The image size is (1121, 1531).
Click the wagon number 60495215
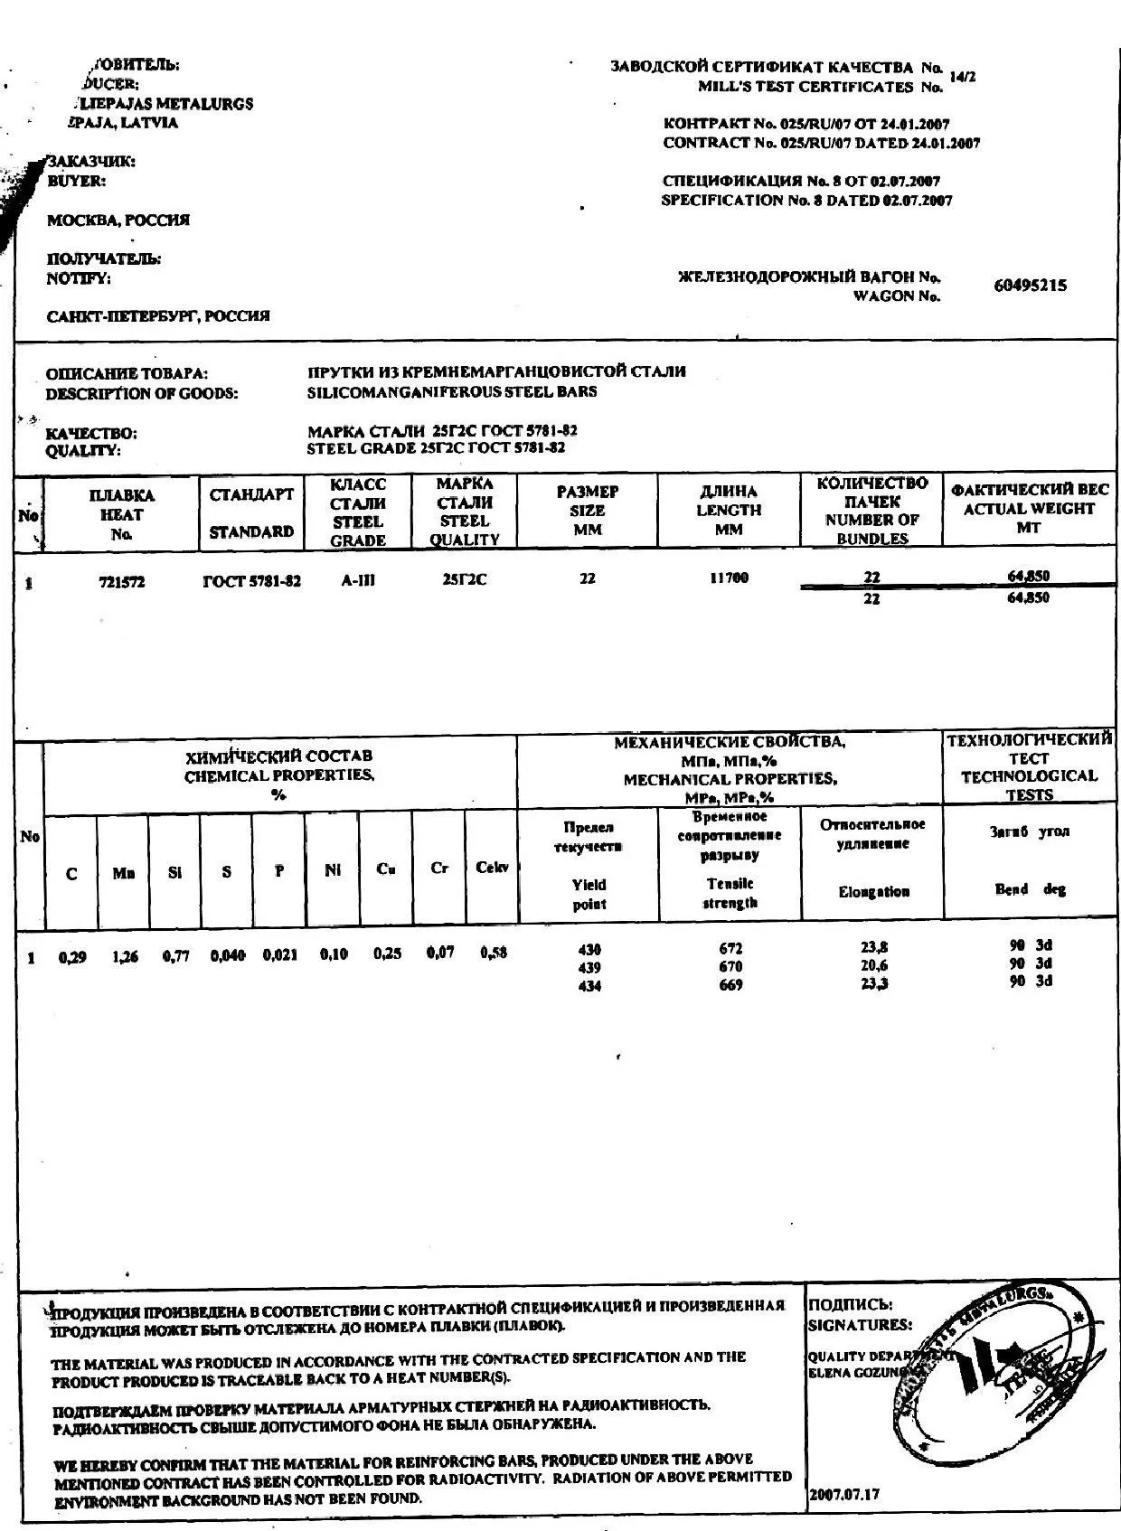1030,286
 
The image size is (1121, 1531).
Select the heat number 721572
121,582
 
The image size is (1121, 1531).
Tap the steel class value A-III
358,581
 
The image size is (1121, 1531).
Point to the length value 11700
729,578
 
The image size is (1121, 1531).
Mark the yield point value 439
589,968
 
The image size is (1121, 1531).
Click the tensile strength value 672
730,949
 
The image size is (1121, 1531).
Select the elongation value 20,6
874,966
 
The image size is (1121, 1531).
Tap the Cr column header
439,868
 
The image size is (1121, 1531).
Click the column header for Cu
386,869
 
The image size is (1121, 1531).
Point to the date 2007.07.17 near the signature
844,1494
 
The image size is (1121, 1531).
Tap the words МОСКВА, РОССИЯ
118,221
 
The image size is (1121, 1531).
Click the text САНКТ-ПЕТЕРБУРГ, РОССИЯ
158,317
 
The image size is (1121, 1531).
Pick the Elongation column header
873,892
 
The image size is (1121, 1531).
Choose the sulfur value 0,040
228,955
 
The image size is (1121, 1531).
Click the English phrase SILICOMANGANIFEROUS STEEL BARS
452,392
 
